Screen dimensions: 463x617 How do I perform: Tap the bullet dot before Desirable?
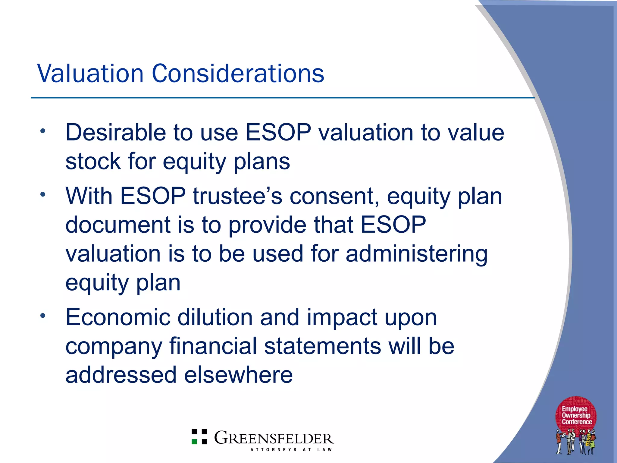pos(43,131)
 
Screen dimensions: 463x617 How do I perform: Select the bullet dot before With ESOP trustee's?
pos(43,194)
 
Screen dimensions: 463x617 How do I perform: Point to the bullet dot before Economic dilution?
pos(43,316)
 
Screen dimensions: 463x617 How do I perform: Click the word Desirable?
pos(116,133)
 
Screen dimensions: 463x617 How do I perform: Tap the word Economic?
pos(118,317)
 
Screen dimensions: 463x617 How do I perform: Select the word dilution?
pos(215,317)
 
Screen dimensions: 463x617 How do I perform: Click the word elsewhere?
pos(238,375)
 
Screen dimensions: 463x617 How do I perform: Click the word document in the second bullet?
pos(118,225)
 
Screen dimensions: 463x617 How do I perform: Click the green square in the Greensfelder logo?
pos(195,442)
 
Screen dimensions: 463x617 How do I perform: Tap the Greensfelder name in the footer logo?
pos(274,438)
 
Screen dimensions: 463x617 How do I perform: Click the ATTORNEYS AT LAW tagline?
pos(291,450)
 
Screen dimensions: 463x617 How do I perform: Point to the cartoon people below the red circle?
pos(576,442)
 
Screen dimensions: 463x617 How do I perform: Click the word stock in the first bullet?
pos(93,162)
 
